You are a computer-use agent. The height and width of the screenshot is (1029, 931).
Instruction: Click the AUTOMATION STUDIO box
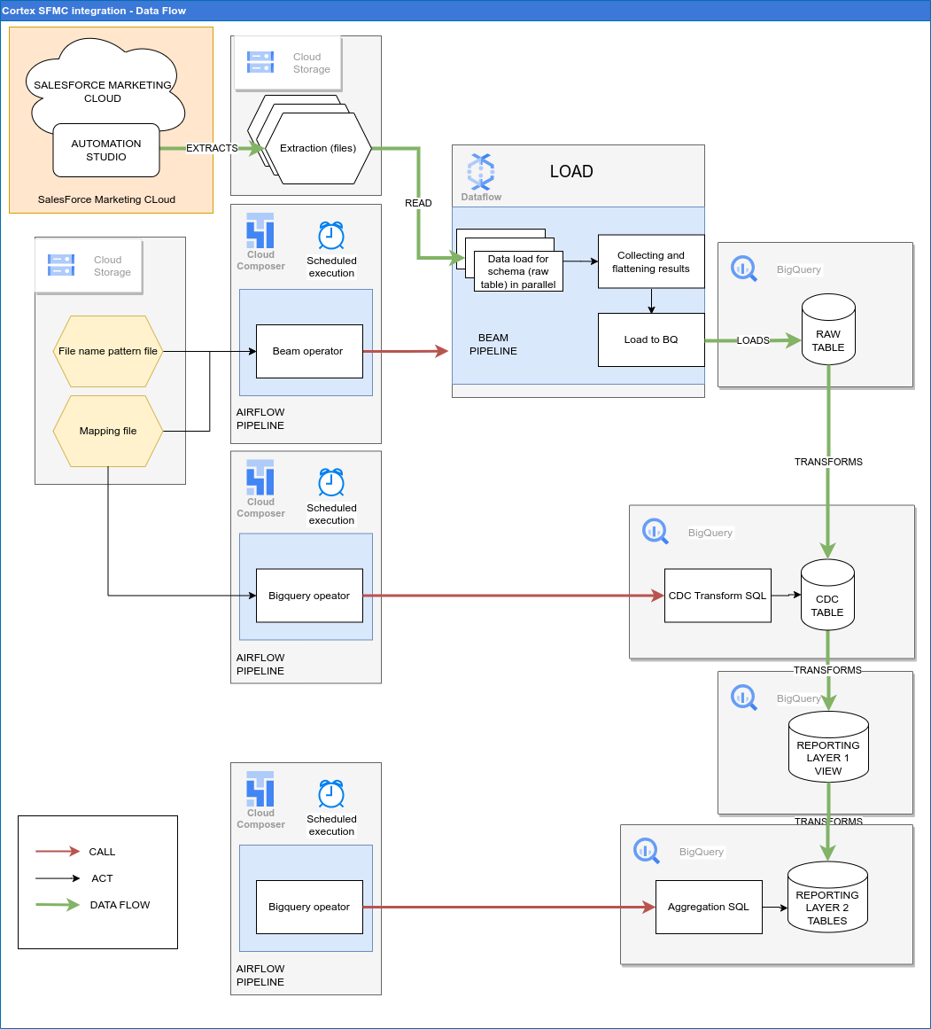[106, 150]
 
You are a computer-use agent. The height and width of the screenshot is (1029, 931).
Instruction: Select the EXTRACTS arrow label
[212, 148]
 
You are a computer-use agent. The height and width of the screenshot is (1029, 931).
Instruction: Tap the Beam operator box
[309, 351]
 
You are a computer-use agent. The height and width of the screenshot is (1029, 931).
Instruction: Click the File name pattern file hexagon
[108, 351]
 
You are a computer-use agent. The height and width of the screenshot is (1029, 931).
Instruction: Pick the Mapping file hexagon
[108, 431]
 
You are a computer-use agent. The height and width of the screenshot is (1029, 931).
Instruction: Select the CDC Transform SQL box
[718, 596]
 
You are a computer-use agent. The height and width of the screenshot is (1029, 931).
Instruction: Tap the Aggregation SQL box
[709, 907]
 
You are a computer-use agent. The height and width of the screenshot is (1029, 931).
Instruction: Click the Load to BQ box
[651, 339]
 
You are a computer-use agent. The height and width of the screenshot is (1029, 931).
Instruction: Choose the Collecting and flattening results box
[651, 261]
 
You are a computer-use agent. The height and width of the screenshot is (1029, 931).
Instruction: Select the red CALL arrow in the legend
[58, 852]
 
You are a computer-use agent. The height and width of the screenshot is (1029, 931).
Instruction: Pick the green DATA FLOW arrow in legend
[58, 905]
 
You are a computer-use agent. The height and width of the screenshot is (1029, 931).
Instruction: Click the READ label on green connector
[418, 203]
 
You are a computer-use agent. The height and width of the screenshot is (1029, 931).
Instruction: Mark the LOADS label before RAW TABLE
[753, 340]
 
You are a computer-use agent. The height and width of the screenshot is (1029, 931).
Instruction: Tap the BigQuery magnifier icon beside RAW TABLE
[744, 269]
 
